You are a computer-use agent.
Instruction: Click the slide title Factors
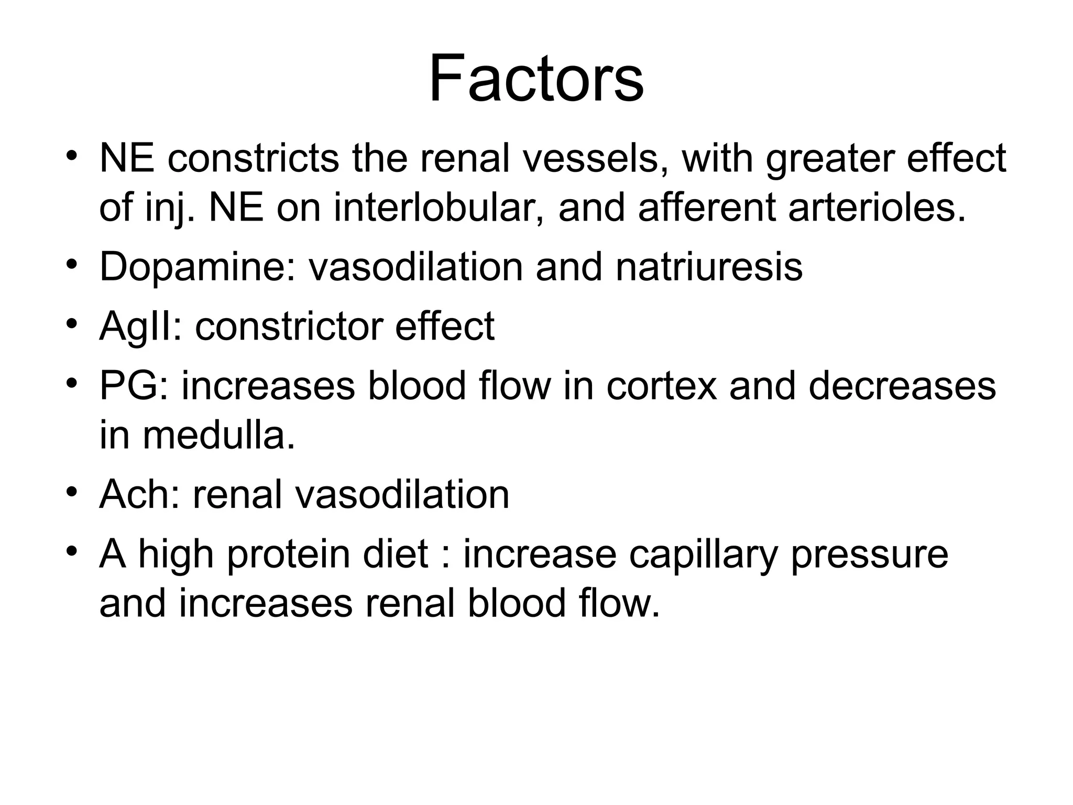[x=536, y=79]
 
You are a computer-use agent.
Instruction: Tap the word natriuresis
[x=709, y=267]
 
